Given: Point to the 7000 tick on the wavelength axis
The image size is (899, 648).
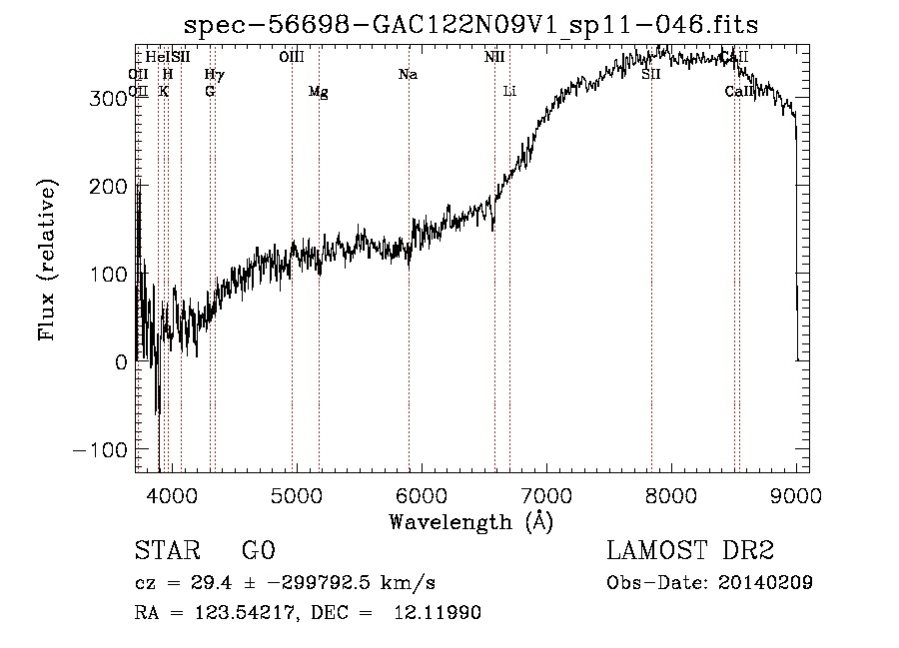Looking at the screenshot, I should (545, 494).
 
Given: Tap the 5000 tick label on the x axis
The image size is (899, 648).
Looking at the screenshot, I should (296, 494).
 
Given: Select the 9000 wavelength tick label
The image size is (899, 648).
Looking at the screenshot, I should (796, 494).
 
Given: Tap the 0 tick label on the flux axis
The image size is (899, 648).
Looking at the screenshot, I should (121, 362).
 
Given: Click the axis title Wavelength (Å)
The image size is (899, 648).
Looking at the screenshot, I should (470, 521).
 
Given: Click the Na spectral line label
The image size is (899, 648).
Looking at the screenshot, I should (408, 75).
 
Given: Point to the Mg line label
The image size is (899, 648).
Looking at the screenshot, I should (318, 92).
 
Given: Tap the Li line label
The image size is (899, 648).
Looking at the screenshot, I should (509, 92).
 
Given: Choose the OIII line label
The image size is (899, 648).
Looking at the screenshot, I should (292, 57).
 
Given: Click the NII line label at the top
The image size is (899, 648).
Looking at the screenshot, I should (494, 57).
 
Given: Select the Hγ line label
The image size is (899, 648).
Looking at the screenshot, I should (214, 75).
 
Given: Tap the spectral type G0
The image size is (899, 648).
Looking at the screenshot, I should (258, 551).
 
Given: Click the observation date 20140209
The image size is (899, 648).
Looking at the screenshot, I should (765, 583).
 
